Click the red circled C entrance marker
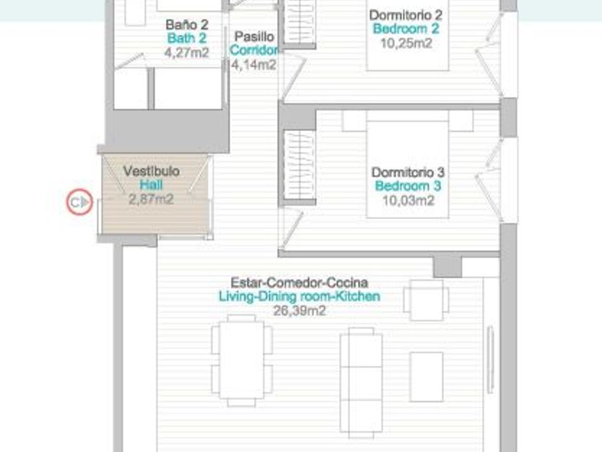pyautogui.click(x=80, y=202)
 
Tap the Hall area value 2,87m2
pyautogui.click(x=151, y=200)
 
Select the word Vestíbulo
pyautogui.click(x=151, y=171)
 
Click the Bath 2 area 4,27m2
pyautogui.click(x=187, y=52)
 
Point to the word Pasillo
pyautogui.click(x=254, y=36)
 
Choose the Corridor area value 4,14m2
pyautogui.click(x=253, y=65)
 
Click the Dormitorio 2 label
pyautogui.click(x=406, y=15)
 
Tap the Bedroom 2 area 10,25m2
pyautogui.click(x=406, y=43)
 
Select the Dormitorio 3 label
pyautogui.click(x=408, y=172)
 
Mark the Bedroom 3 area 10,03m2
pyautogui.click(x=408, y=200)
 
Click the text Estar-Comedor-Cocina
pyautogui.click(x=299, y=282)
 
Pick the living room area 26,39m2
pyautogui.click(x=300, y=311)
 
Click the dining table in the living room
pyautogui.click(x=241, y=360)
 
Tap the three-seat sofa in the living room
pyautogui.click(x=361, y=383)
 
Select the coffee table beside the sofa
pyautogui.click(x=426, y=377)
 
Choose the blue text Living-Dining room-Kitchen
pyautogui.click(x=299, y=296)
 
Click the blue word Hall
pyautogui.click(x=151, y=185)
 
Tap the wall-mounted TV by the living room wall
pyautogui.click(x=490, y=360)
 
